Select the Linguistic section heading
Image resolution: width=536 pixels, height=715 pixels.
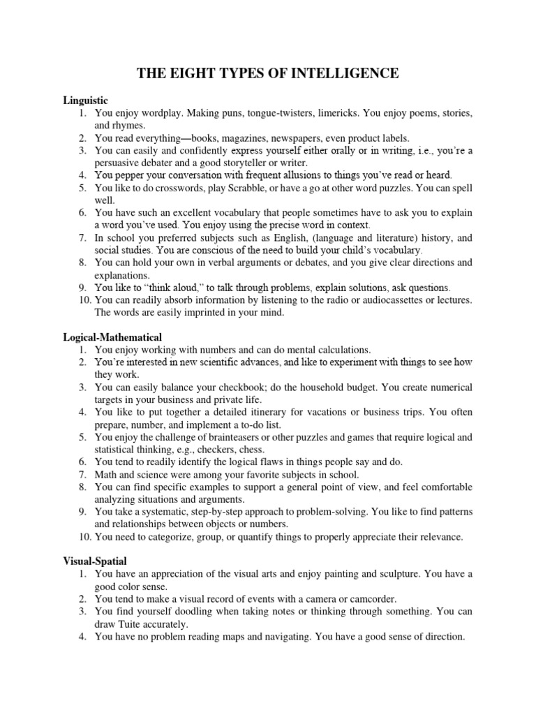click(x=86, y=100)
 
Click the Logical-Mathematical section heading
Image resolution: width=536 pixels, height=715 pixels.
click(x=112, y=337)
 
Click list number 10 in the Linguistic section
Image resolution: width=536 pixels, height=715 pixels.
click(x=82, y=300)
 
